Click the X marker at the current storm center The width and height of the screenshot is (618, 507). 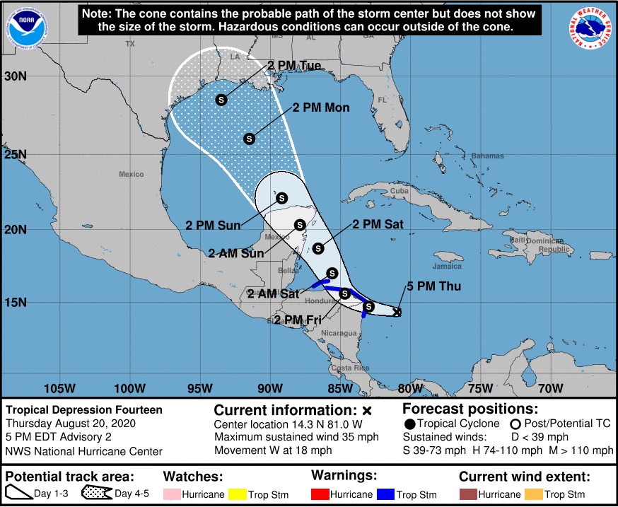397,311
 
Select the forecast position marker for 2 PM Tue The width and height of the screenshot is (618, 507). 221,100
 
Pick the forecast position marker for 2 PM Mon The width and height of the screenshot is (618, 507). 249,139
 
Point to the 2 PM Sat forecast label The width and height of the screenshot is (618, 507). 378,225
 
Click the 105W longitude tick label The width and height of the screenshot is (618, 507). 59,388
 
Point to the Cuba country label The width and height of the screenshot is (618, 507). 400,191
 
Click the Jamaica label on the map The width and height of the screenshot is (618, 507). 447,267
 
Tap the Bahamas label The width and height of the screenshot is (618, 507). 489,156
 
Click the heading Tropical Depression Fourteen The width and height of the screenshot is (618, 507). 83,409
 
